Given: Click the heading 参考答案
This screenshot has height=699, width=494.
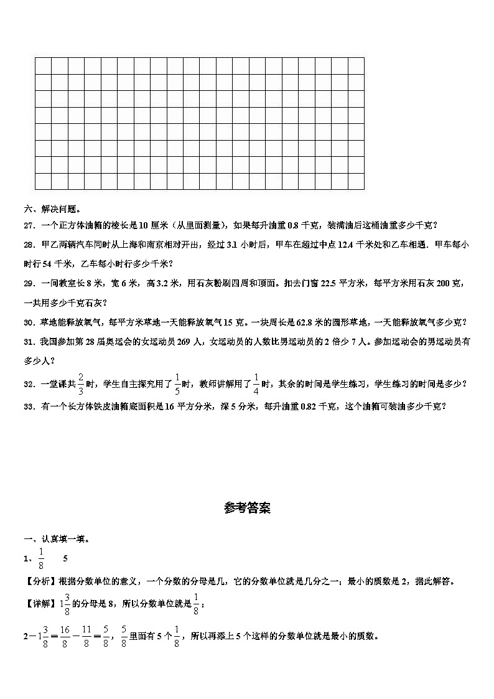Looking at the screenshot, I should tap(247, 508).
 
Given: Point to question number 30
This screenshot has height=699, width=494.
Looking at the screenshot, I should tap(29, 322).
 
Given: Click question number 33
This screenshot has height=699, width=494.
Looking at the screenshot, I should tap(29, 406).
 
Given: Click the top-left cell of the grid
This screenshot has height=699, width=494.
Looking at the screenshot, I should tap(43, 65).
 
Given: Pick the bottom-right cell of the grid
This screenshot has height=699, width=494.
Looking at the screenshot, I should tap(356, 181).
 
